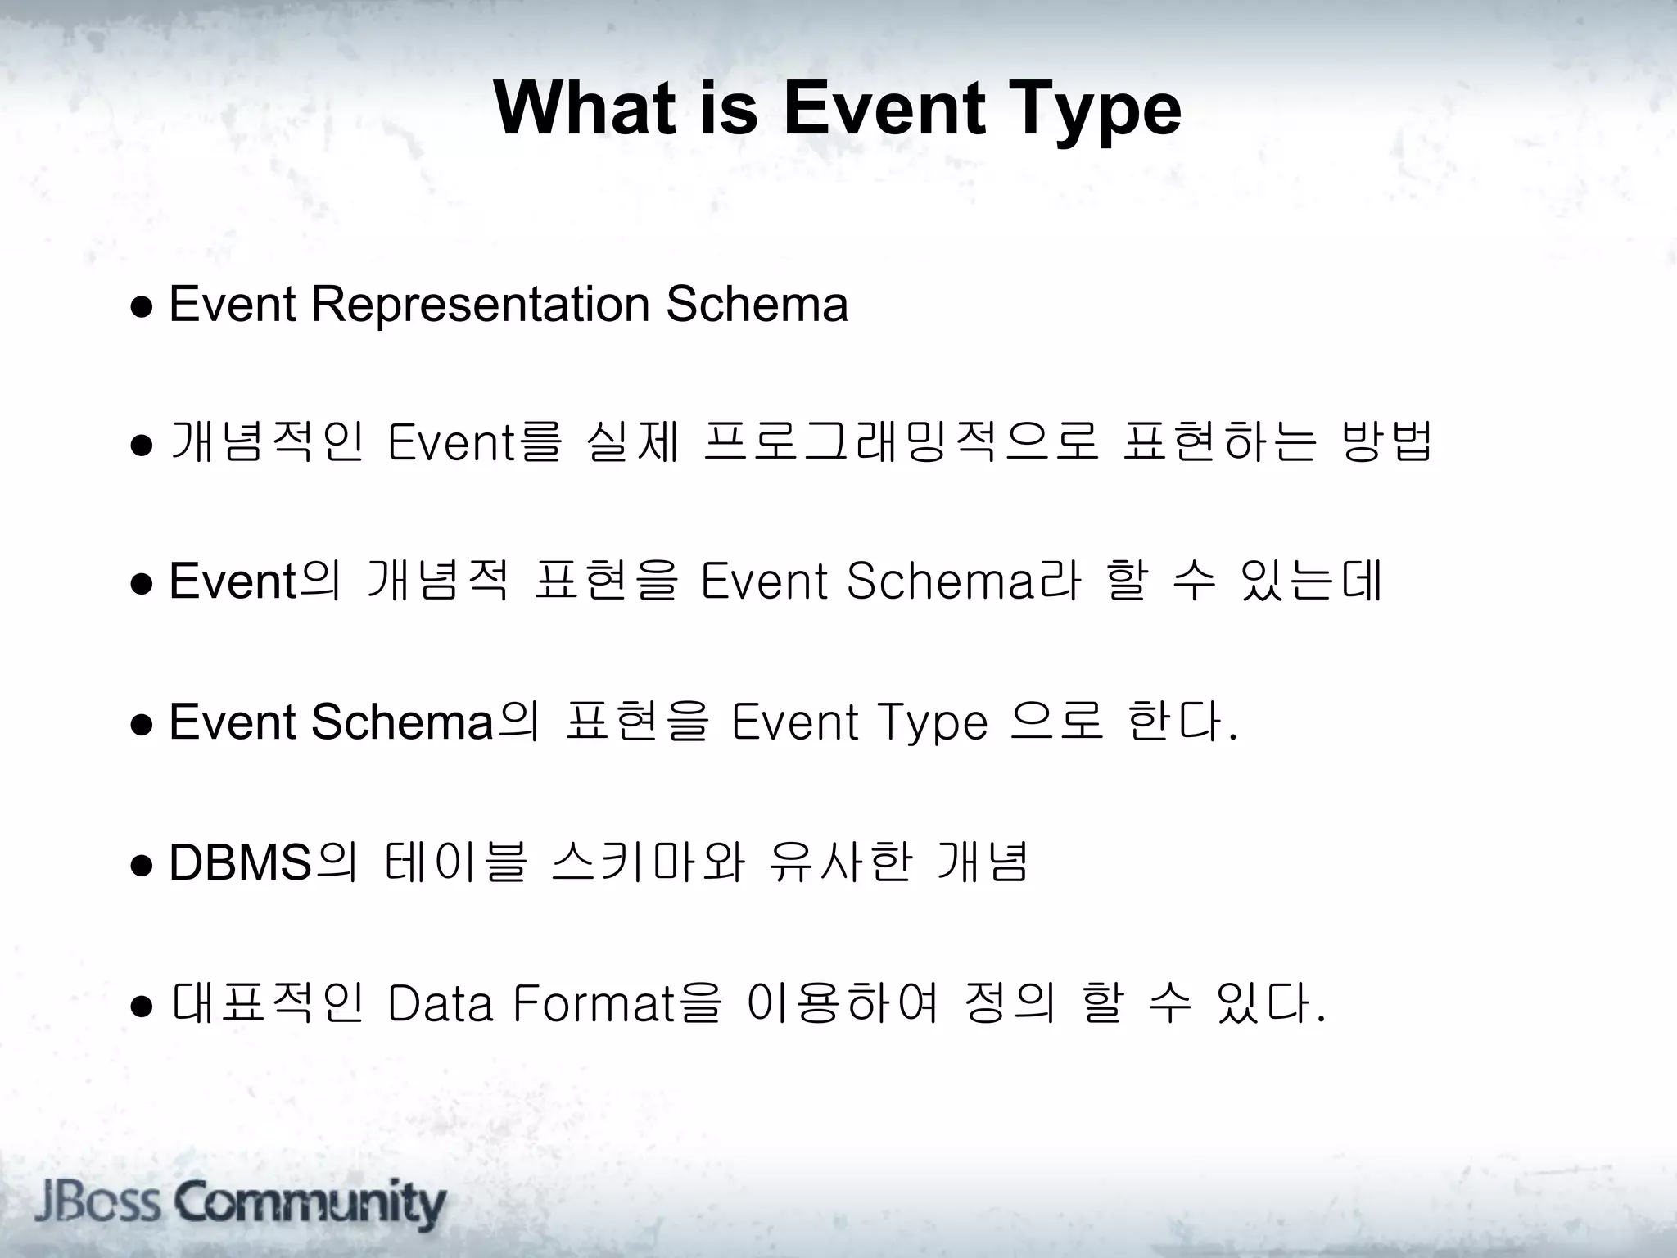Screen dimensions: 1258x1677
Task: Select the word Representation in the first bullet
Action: tap(481, 305)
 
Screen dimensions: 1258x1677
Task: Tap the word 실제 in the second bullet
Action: tap(633, 442)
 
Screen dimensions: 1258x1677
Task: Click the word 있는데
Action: tap(1311, 581)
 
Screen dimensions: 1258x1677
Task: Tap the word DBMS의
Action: tap(263, 863)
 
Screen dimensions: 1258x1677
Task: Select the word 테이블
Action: tap(455, 863)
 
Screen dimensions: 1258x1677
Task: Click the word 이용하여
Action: tap(843, 1004)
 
